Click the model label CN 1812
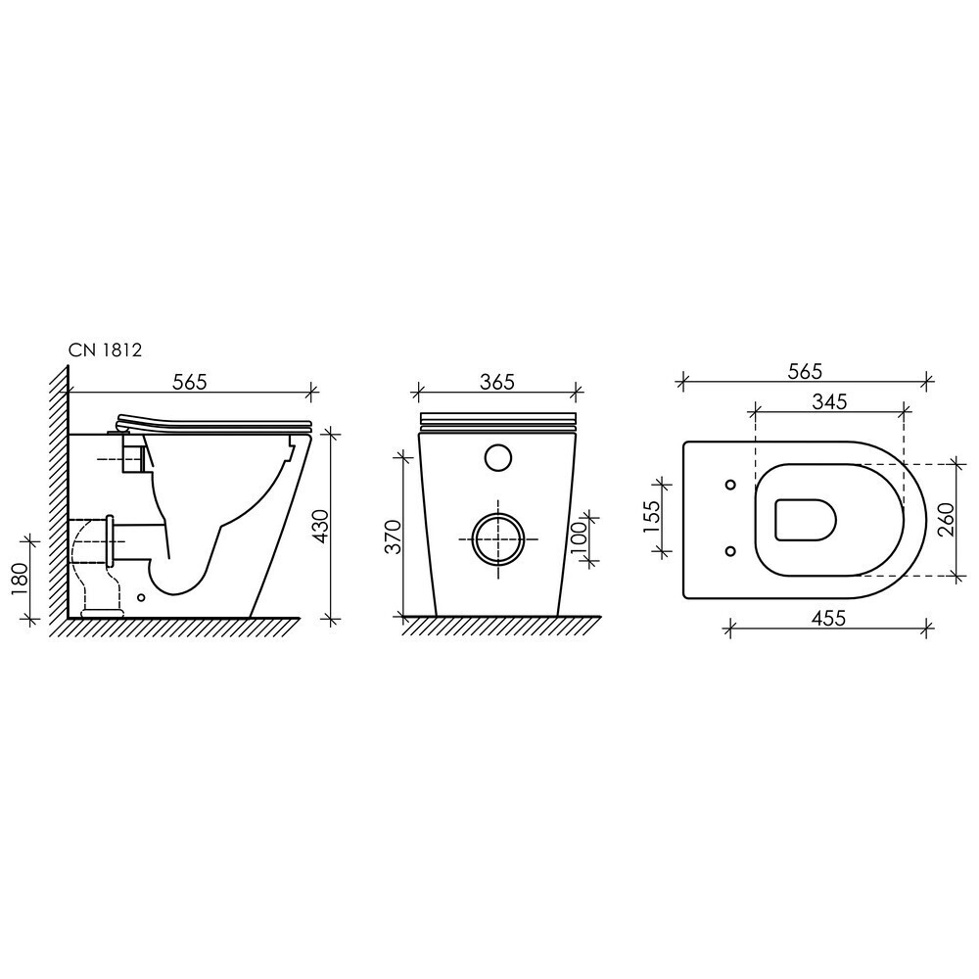pyautogui.click(x=105, y=350)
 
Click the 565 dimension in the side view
pyautogui.click(x=189, y=382)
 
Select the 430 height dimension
pyautogui.click(x=320, y=527)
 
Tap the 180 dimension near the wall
pyautogui.click(x=20, y=579)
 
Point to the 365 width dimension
pyautogui.click(x=497, y=382)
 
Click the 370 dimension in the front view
pyautogui.click(x=394, y=536)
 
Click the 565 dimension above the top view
pyautogui.click(x=805, y=371)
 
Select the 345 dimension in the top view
pyautogui.click(x=829, y=401)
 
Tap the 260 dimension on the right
pyautogui.click(x=947, y=518)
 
